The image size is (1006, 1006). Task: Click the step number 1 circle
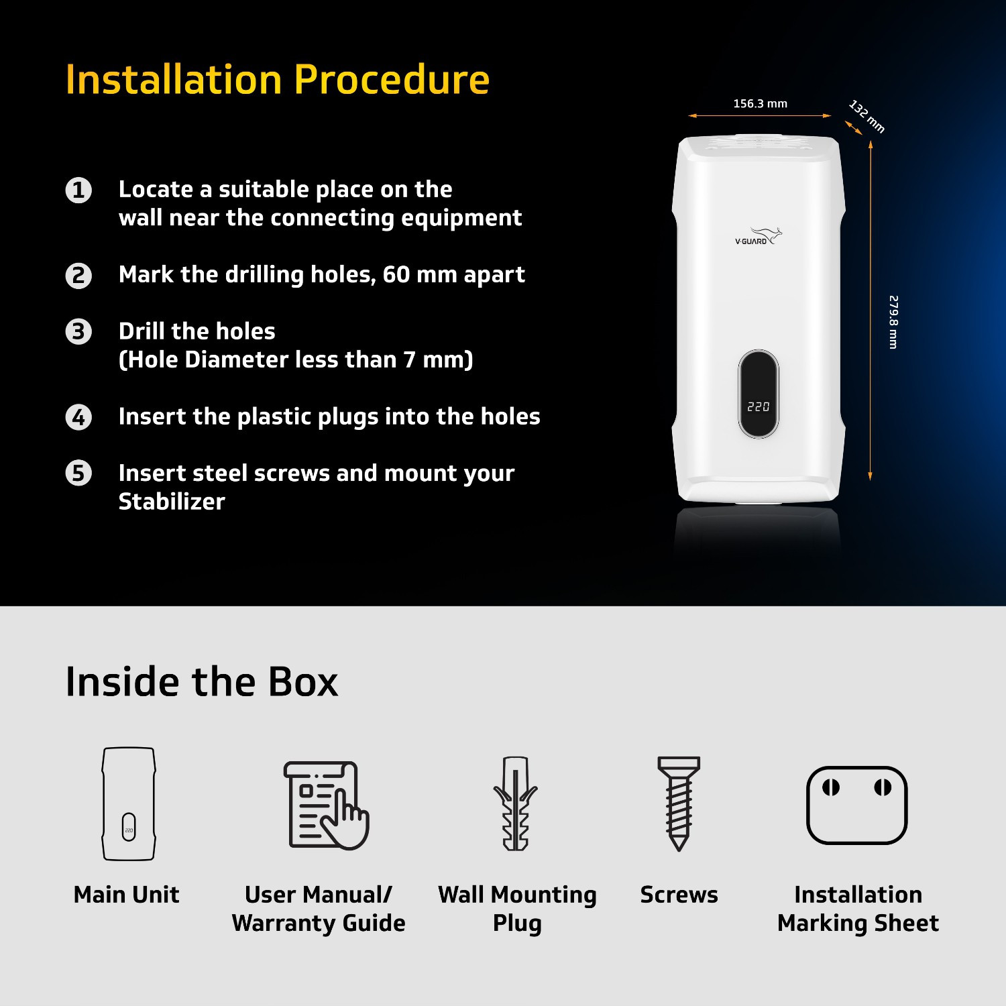(78, 190)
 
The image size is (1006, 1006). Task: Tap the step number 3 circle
(78, 331)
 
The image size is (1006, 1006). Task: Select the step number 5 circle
(78, 473)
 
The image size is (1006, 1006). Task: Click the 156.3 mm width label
(760, 104)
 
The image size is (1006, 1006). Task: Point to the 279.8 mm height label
(893, 322)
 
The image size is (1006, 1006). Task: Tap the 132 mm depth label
(867, 117)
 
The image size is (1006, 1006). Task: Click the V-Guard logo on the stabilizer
(759, 237)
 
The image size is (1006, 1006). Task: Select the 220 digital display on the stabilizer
(759, 406)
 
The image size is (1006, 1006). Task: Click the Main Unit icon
(129, 803)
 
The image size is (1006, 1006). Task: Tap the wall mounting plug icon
(516, 803)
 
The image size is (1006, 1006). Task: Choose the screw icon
(679, 803)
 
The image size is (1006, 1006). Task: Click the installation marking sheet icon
(857, 805)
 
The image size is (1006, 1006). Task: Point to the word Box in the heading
(303, 682)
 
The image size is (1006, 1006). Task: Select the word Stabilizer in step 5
(172, 502)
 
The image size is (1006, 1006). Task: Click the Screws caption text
(679, 895)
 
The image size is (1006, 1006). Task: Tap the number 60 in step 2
(396, 274)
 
